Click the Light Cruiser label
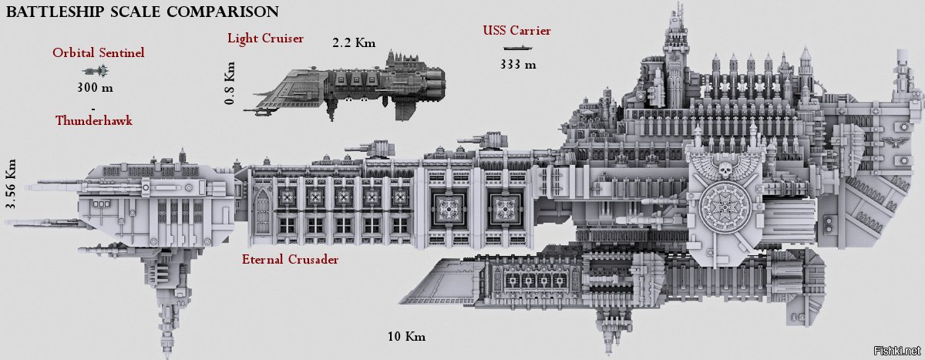tap(265, 38)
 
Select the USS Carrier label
tap(516, 31)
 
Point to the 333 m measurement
tap(517, 64)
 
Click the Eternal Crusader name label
tap(290, 260)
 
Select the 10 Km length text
tap(407, 337)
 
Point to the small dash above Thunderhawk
tap(92, 106)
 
